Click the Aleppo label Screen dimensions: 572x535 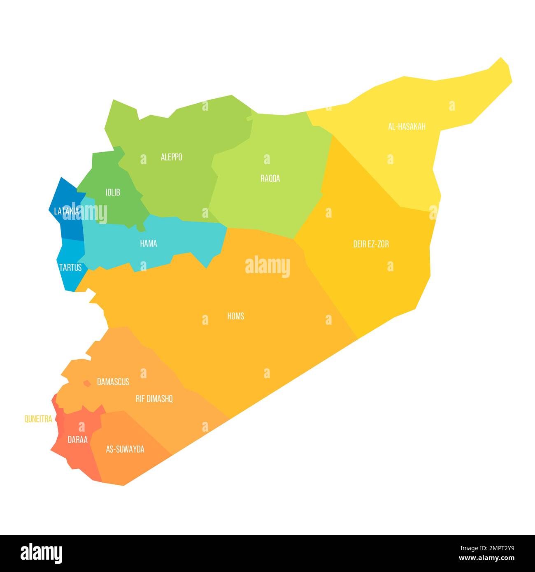(171, 157)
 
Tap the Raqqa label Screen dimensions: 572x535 (270, 179)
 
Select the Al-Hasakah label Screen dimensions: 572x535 (407, 127)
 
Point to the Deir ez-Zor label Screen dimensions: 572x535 (371, 244)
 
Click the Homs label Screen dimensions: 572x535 (235, 316)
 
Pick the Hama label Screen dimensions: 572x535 (148, 244)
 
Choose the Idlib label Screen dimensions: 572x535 (113, 192)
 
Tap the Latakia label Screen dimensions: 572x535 (66, 212)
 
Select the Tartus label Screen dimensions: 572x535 (70, 267)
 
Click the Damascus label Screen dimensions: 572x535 (113, 382)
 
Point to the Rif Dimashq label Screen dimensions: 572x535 (154, 399)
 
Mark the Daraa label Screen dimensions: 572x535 (77, 439)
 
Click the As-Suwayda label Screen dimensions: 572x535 (125, 449)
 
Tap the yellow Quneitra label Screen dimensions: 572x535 (38, 419)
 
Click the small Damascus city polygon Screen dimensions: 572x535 (87, 384)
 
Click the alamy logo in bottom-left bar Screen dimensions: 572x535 (42, 553)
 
